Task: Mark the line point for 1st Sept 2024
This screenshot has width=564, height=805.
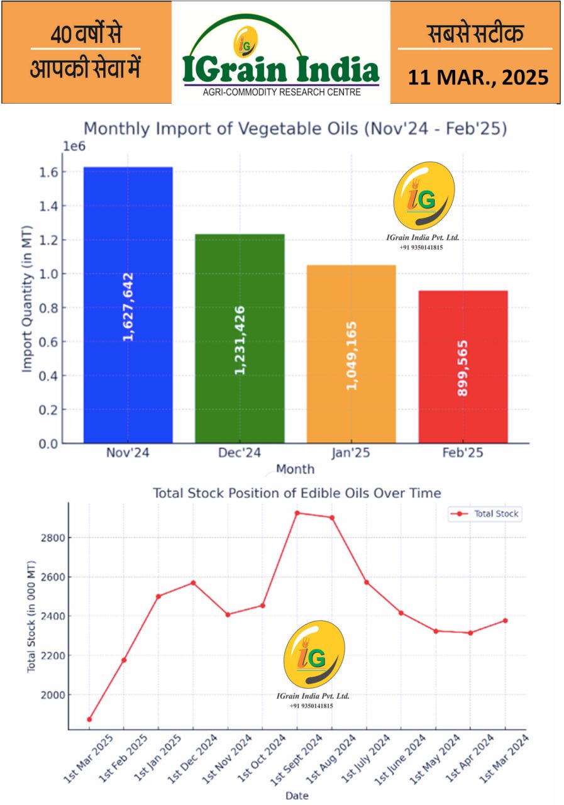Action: coord(297,513)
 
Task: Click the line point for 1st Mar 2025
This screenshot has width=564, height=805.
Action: coord(89,719)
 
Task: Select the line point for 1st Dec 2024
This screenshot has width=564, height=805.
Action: coord(193,583)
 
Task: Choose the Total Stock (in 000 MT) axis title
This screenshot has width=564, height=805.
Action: coord(31,616)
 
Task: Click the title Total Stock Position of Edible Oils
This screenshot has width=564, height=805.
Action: coord(297,493)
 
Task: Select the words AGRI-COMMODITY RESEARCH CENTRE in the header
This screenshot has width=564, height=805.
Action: coord(281,92)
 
